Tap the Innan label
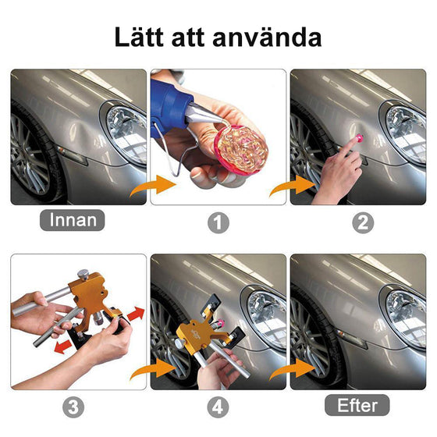pyautogui.click(x=72, y=219)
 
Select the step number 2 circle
pyautogui.click(x=361, y=222)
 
